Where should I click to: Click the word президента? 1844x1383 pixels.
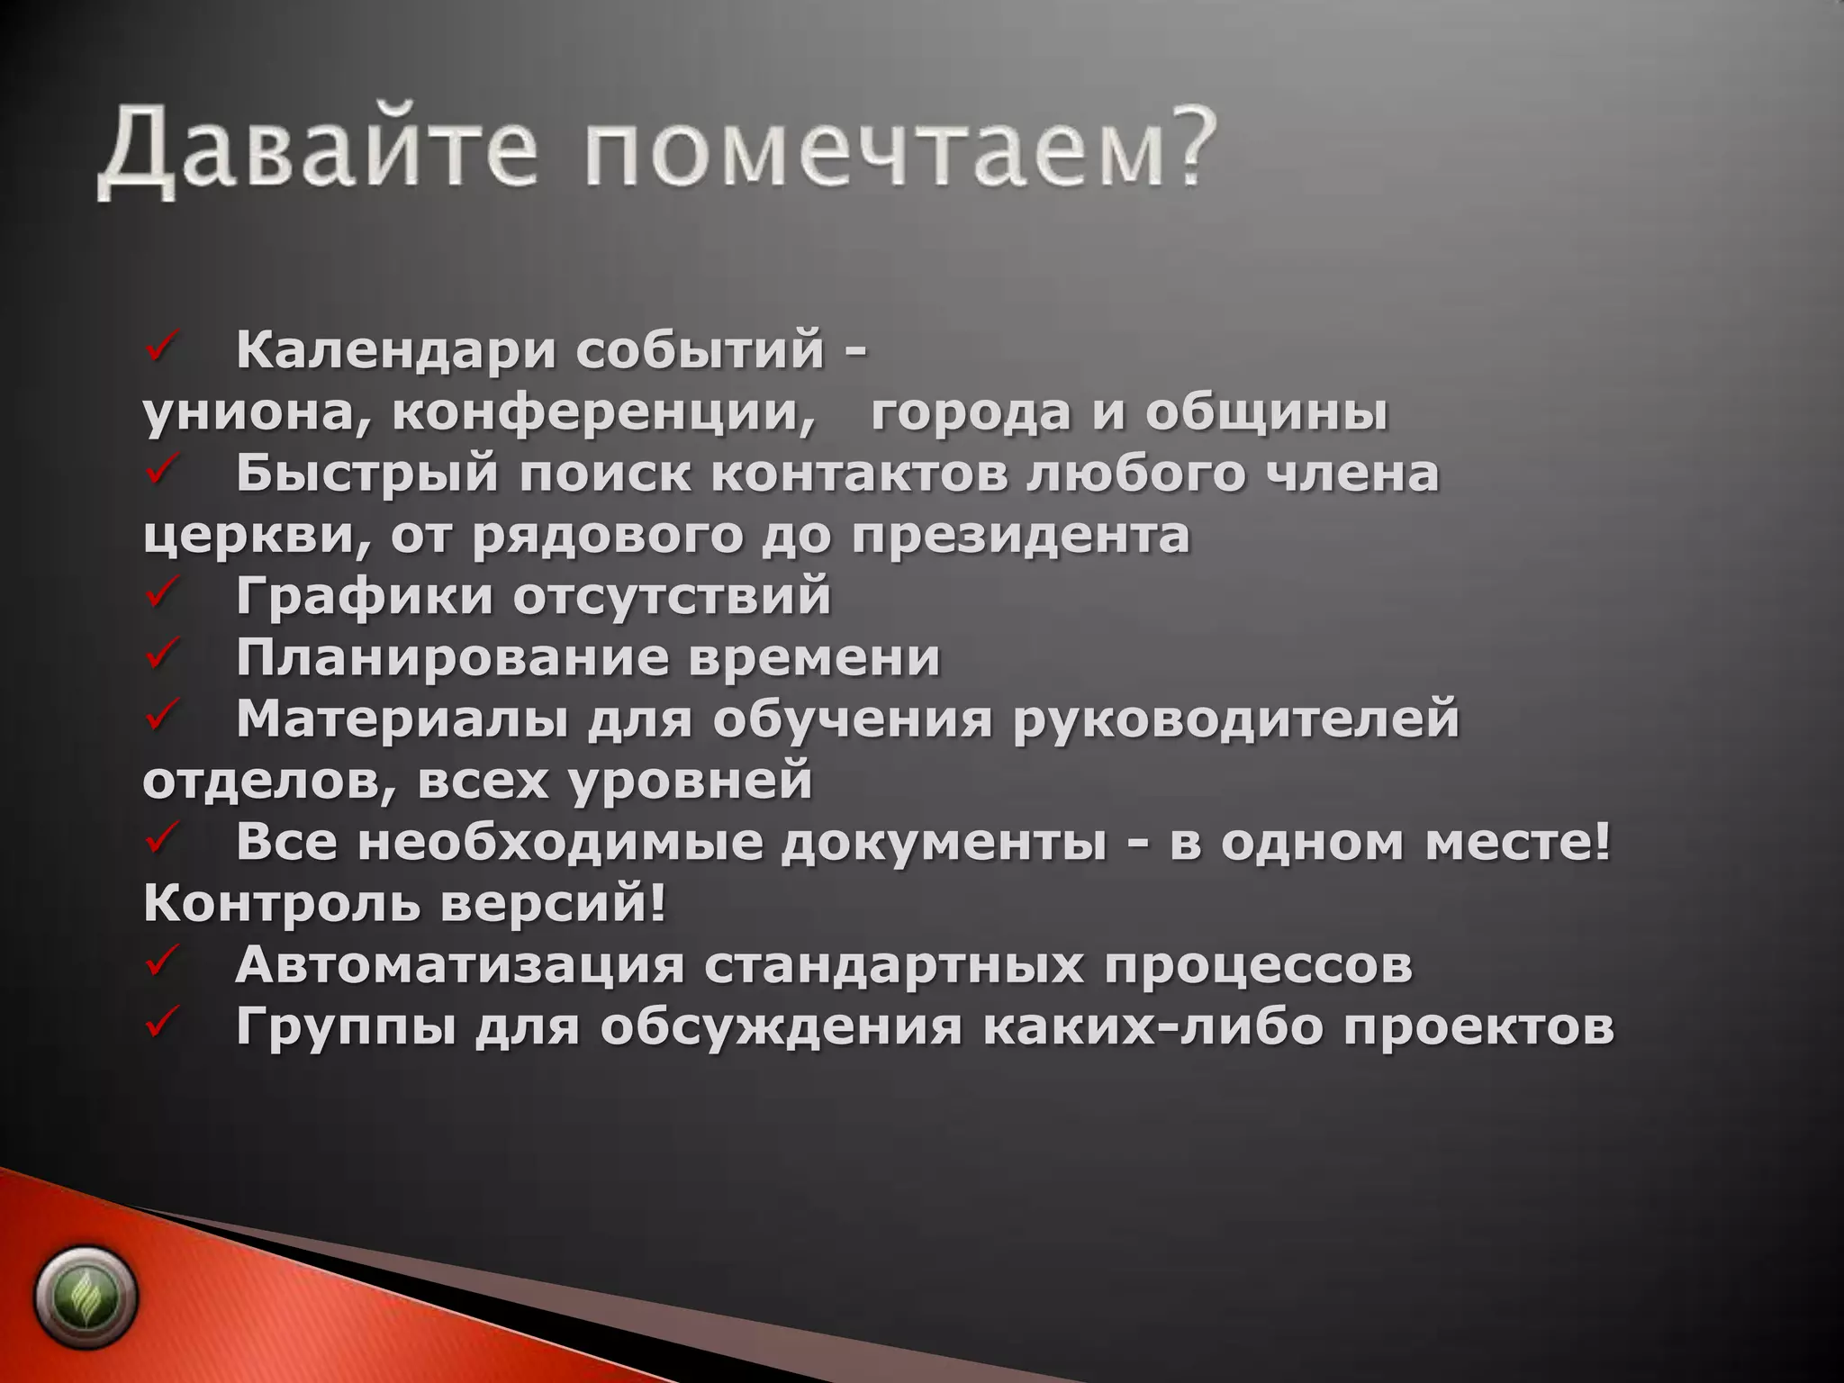point(1021,537)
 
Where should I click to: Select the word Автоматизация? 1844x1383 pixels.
point(459,965)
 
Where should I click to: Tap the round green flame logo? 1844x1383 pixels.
point(86,1297)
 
